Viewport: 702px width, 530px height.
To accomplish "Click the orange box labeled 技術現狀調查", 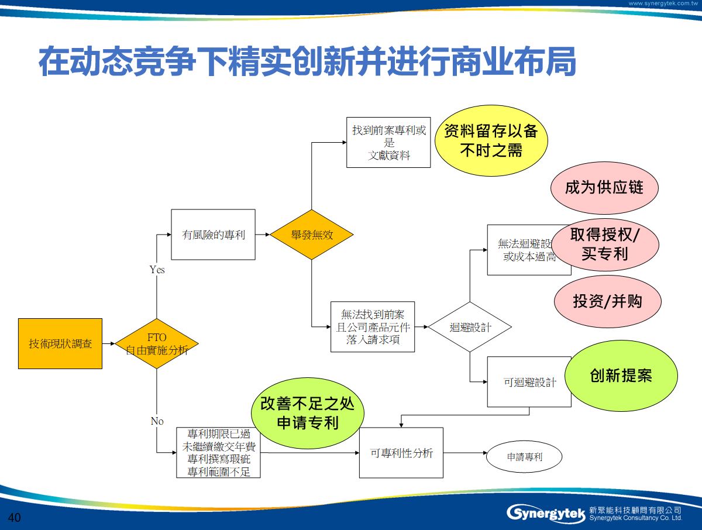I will [x=60, y=343].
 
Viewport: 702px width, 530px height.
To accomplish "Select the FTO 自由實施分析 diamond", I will [x=157, y=344].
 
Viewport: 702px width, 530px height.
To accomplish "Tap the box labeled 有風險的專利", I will [x=213, y=235].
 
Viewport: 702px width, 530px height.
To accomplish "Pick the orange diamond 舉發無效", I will [x=312, y=235].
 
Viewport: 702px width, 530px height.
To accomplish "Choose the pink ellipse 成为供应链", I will [x=604, y=188].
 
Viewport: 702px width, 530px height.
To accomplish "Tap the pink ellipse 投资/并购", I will [x=607, y=301].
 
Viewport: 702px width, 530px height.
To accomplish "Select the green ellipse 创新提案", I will [x=621, y=375].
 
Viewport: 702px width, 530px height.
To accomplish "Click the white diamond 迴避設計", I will [x=470, y=327].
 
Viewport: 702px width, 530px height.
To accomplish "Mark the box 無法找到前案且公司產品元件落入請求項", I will [x=373, y=327].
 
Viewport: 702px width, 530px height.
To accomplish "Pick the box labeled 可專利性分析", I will [x=401, y=453].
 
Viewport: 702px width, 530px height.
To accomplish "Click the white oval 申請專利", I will [x=525, y=457].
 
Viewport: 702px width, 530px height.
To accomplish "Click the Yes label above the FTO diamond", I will [x=157, y=270].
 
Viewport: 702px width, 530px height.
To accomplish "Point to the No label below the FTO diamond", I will [x=157, y=421].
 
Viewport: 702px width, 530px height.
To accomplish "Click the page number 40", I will [x=15, y=518].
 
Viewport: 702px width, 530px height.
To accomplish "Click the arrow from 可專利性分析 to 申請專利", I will [x=465, y=453].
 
